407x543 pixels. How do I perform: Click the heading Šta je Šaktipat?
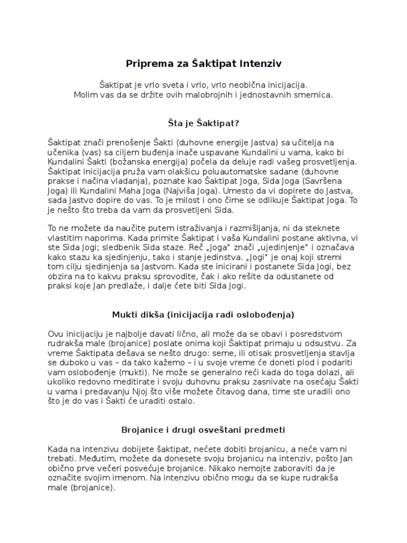(x=203, y=123)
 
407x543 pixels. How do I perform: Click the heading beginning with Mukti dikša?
(x=203, y=314)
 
